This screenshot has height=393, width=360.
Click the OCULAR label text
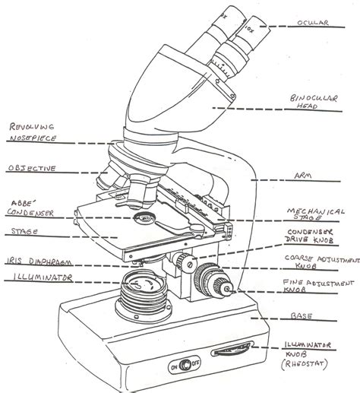(314, 24)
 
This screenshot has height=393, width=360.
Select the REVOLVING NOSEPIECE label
(31, 135)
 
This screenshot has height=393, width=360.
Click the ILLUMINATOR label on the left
(33, 278)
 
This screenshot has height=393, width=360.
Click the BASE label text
(307, 315)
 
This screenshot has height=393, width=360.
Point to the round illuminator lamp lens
(141, 290)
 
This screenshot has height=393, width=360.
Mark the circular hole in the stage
(143, 219)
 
